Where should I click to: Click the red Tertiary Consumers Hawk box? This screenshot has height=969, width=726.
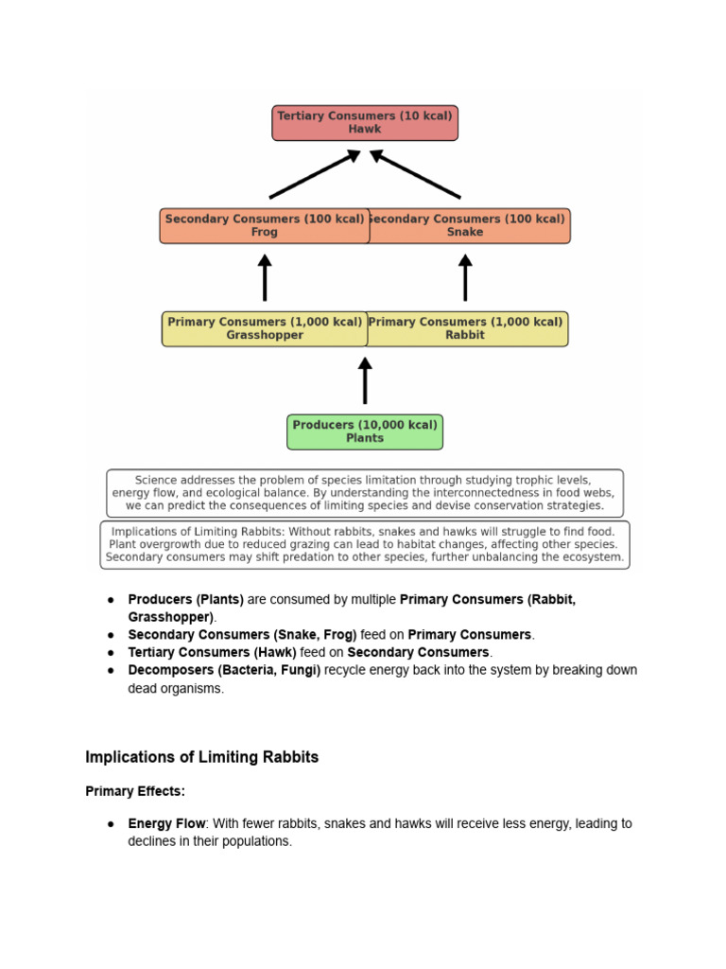point(364,123)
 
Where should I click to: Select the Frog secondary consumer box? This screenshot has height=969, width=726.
point(264,226)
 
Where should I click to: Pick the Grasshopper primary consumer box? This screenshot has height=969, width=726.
point(264,328)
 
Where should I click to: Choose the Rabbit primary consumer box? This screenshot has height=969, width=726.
point(468,328)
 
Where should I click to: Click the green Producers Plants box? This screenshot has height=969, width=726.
point(364,432)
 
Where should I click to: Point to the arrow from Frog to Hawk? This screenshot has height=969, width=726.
point(315,174)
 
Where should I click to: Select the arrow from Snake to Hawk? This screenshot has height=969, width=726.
point(415,174)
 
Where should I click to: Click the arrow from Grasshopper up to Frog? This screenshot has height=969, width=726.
point(265,277)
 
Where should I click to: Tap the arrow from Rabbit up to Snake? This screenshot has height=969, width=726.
point(465,277)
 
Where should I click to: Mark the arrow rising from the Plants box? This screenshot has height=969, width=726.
point(365,380)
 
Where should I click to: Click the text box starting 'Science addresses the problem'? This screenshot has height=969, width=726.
point(364,493)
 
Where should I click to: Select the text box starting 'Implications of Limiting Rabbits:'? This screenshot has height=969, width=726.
point(364,545)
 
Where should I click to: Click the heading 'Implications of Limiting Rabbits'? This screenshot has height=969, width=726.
point(201,757)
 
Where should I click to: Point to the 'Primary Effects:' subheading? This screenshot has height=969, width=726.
point(134,791)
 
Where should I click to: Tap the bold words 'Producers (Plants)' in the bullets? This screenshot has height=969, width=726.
point(185,600)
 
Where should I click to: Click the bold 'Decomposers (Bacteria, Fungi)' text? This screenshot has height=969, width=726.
point(224,670)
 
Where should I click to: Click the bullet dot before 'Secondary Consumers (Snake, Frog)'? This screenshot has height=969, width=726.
point(111,635)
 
